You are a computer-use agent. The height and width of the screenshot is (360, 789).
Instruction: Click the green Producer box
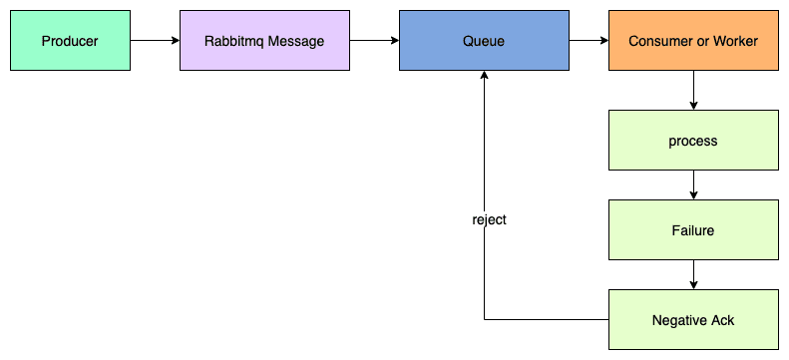tap(70, 41)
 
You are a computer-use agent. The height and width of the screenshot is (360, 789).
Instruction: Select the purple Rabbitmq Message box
tap(264, 41)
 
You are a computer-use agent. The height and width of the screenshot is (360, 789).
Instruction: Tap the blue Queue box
tap(484, 41)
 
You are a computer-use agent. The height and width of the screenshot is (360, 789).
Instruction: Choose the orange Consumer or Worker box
tap(693, 41)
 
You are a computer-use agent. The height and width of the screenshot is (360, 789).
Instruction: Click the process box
tap(693, 141)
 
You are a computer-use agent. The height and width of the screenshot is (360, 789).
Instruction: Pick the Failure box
tap(693, 230)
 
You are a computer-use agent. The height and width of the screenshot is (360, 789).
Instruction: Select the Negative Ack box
tap(693, 320)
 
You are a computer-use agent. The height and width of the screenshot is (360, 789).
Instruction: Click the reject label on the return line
tap(489, 219)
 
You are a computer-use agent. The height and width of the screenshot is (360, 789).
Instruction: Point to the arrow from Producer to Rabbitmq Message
tap(155, 41)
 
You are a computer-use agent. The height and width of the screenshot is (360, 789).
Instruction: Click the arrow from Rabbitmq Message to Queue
tap(374, 41)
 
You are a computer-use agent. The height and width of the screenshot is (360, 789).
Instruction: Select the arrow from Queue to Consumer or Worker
tap(589, 41)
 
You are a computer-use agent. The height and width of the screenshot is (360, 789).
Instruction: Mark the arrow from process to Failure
tap(693, 185)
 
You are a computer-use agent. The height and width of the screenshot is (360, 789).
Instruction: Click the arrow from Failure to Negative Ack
tap(693, 275)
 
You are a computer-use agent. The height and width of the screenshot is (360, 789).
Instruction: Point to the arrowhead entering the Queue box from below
tap(484, 77)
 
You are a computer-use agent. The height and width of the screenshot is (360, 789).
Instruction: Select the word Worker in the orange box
tap(735, 41)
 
